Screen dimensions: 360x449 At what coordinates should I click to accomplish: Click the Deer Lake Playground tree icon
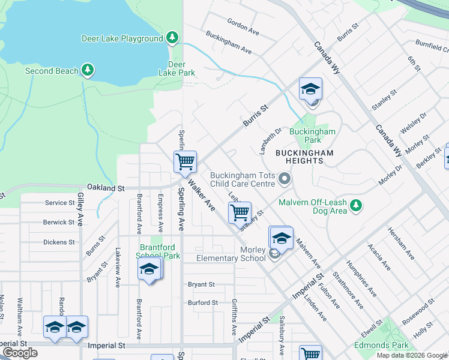click(173, 38)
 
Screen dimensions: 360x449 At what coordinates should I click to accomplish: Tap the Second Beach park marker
click(88, 70)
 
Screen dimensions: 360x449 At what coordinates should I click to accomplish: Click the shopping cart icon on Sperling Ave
click(185, 161)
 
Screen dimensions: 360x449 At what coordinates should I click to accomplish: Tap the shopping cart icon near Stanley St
click(240, 212)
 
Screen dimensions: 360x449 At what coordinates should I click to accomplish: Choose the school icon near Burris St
click(310, 89)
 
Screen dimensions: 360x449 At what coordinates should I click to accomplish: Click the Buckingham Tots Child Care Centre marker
click(286, 179)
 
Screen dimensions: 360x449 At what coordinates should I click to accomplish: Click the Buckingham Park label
click(312, 136)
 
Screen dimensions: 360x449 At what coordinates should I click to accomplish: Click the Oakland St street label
click(105, 188)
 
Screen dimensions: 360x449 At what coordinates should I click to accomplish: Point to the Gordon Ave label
click(243, 26)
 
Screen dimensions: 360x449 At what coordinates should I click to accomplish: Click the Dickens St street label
click(59, 242)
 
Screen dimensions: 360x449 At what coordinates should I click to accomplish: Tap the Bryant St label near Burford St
click(201, 284)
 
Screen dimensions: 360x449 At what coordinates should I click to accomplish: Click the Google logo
click(20, 353)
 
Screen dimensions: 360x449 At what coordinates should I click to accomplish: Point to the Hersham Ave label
click(401, 243)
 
